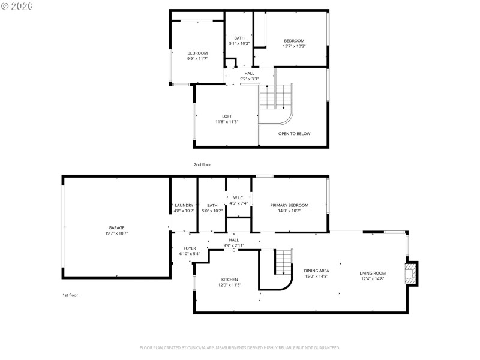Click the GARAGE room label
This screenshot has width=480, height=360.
(x=116, y=227)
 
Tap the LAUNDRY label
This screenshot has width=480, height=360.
(x=184, y=205)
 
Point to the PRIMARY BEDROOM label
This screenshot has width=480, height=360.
(x=289, y=205)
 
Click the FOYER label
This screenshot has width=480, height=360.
(x=190, y=248)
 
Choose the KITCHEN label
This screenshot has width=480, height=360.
(x=230, y=280)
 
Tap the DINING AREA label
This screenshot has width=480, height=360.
(x=316, y=271)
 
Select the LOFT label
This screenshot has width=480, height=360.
(x=227, y=116)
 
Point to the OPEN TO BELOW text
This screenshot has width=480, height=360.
(x=294, y=133)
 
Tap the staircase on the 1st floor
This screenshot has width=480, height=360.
(x=283, y=262)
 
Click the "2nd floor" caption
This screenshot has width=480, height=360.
(x=202, y=164)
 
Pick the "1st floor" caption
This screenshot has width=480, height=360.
(x=70, y=295)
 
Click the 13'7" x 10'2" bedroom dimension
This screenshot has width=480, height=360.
(x=295, y=46)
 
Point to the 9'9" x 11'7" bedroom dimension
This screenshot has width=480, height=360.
(x=197, y=59)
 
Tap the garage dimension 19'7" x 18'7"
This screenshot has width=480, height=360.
(x=116, y=233)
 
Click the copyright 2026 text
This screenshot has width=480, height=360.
(x=17, y=6)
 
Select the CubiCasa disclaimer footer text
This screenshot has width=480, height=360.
(x=240, y=347)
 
